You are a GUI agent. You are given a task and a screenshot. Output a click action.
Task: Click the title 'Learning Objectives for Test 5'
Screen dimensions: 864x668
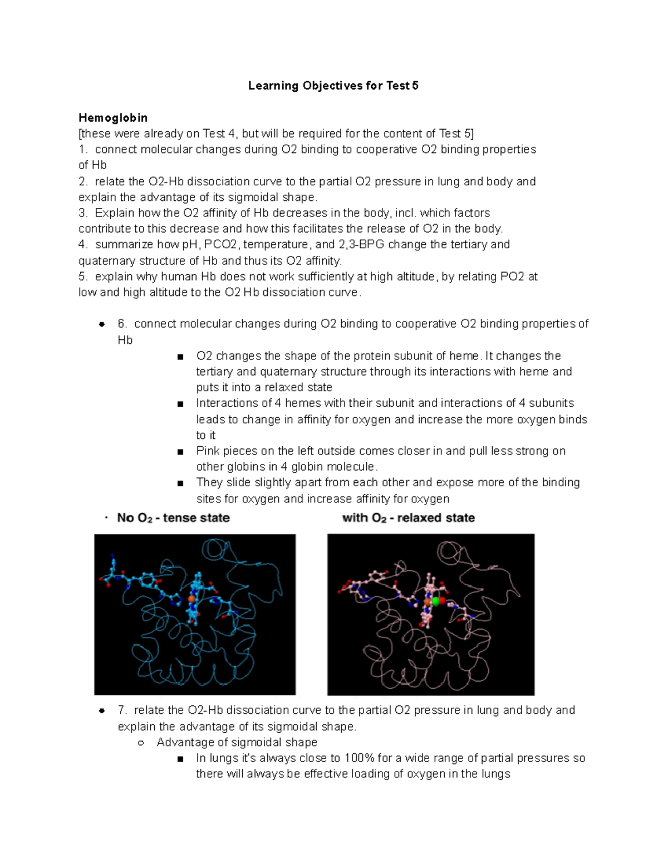(x=333, y=86)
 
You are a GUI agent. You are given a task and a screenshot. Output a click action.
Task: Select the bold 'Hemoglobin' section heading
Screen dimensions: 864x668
(x=113, y=117)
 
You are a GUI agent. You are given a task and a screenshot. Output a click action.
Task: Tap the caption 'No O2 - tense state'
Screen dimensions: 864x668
(x=173, y=518)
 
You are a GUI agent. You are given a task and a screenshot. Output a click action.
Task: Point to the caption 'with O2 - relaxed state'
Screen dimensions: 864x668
(x=408, y=518)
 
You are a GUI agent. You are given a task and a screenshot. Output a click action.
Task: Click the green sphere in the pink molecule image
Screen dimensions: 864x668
(x=436, y=601)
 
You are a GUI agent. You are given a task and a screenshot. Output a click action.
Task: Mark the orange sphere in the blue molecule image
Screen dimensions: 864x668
(x=191, y=599)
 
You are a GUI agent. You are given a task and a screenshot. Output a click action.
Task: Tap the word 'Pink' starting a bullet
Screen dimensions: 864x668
(x=208, y=451)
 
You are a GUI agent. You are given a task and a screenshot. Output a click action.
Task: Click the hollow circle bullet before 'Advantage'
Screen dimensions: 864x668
(x=141, y=743)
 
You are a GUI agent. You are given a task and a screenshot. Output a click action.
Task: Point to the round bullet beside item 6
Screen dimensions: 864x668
(x=101, y=324)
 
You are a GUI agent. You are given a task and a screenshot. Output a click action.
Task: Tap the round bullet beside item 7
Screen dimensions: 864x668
(x=101, y=711)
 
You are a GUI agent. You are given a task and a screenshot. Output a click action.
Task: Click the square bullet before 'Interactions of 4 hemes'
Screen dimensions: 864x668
(x=180, y=404)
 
